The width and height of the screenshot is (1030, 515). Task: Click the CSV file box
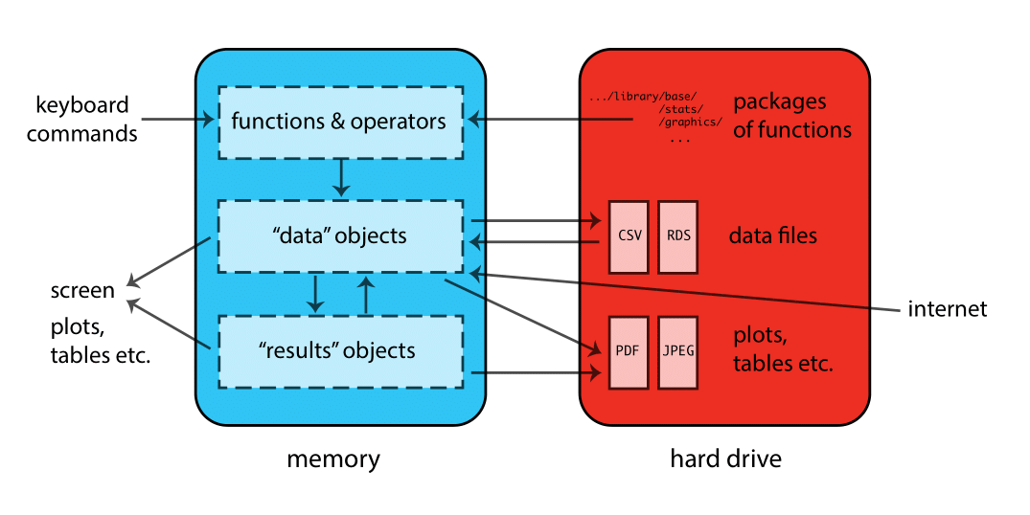pos(628,235)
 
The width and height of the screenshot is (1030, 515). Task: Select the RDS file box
pos(677,235)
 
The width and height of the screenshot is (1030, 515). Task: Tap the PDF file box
pos(628,351)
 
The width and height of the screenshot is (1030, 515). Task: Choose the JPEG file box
pos(677,351)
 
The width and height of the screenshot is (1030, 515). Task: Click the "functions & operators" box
pos(339,122)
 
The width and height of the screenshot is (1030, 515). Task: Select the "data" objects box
pos(339,235)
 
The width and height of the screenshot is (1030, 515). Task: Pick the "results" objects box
pos(339,350)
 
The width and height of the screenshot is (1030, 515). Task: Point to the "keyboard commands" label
pos(82,119)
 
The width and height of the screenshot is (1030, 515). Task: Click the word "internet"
pos(947,309)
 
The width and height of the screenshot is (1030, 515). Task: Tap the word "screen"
pos(82,290)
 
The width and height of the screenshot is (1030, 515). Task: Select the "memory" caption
pos(333,459)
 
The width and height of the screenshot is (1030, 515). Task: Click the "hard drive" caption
pos(725,459)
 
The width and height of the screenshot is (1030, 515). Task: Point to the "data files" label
pos(773,235)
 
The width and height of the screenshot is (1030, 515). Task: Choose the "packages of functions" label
pos(791,116)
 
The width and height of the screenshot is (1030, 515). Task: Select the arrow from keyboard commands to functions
pos(178,120)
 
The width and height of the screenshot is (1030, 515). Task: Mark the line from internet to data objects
pos(690,291)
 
